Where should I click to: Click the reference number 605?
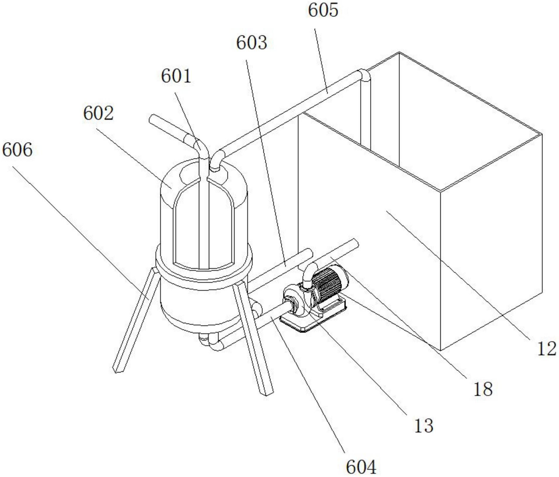(x=323, y=10)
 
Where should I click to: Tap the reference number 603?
(x=252, y=43)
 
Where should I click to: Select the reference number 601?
(x=176, y=76)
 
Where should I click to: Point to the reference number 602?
(x=98, y=113)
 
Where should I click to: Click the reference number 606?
(x=17, y=150)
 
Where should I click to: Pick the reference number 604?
(x=361, y=467)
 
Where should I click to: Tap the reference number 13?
(x=423, y=426)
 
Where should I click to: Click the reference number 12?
(x=547, y=349)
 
